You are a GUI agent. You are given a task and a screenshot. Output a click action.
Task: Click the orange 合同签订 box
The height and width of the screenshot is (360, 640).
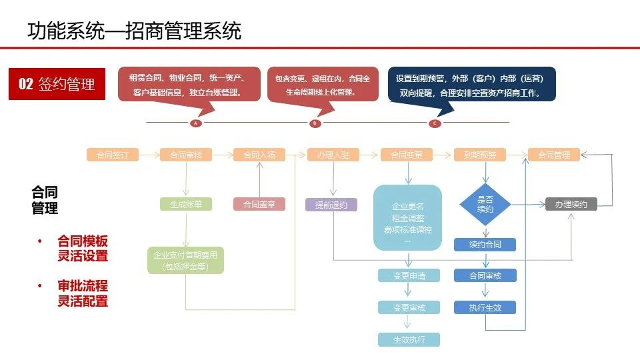[113, 155]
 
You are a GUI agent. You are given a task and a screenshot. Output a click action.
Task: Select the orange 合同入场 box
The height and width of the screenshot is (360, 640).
[259, 155]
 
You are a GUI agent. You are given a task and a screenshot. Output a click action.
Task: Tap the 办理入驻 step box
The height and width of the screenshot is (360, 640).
[333, 155]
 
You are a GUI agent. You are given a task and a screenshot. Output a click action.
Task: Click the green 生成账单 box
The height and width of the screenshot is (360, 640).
[185, 205]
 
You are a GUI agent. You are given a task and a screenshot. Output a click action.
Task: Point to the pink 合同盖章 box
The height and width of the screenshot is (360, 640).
[259, 205]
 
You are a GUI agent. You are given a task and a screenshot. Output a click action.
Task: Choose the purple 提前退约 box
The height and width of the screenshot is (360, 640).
[331, 205]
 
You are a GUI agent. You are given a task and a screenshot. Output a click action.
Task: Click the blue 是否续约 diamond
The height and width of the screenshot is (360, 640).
[485, 204]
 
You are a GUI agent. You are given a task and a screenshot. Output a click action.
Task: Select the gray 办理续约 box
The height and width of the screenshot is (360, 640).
[571, 205]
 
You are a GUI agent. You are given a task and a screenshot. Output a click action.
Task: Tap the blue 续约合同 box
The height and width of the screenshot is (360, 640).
[485, 245]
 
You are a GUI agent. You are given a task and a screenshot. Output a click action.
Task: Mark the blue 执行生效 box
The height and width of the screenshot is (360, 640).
[485, 307]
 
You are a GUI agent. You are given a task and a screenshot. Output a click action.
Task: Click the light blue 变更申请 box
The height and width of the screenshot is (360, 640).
[409, 275]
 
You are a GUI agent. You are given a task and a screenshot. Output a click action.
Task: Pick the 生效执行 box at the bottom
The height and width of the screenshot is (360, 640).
[409, 339]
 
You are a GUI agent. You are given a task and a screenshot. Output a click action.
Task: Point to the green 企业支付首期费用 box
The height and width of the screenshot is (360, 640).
[185, 260]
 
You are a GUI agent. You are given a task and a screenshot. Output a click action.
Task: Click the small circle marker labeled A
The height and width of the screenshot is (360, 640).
[196, 123]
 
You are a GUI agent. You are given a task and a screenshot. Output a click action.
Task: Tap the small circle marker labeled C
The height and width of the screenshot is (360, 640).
[435, 123]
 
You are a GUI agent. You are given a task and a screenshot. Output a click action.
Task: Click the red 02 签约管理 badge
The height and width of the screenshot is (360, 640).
[57, 84]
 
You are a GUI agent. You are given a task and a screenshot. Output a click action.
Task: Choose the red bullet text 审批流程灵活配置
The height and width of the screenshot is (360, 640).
[82, 293]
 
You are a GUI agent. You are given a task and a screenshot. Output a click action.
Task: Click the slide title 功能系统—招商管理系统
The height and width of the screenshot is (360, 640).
[134, 31]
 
